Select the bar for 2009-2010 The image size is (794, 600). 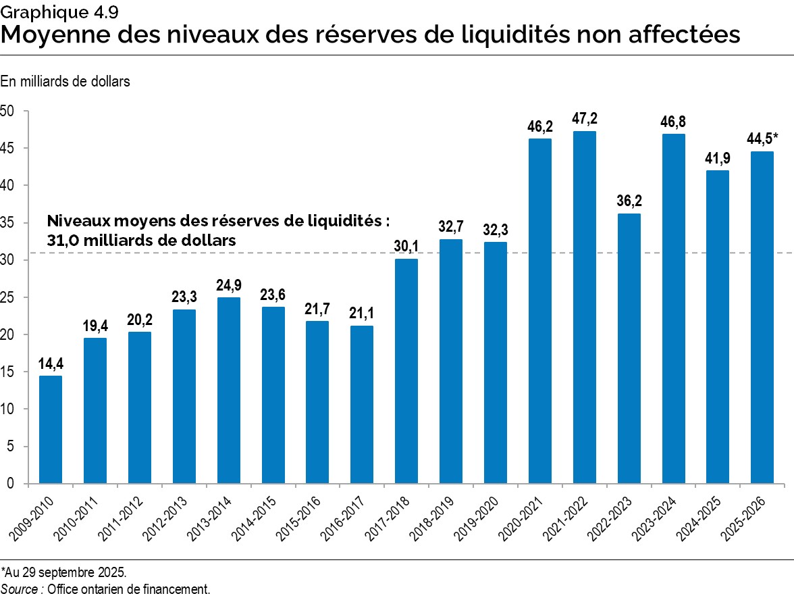[51, 429]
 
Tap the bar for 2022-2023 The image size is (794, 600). [629, 348]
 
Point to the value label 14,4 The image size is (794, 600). [51, 363]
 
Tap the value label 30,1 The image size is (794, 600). [406, 246]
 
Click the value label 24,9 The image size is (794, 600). [228, 284]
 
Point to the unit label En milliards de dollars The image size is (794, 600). [65, 81]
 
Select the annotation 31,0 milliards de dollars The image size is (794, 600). [141, 240]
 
